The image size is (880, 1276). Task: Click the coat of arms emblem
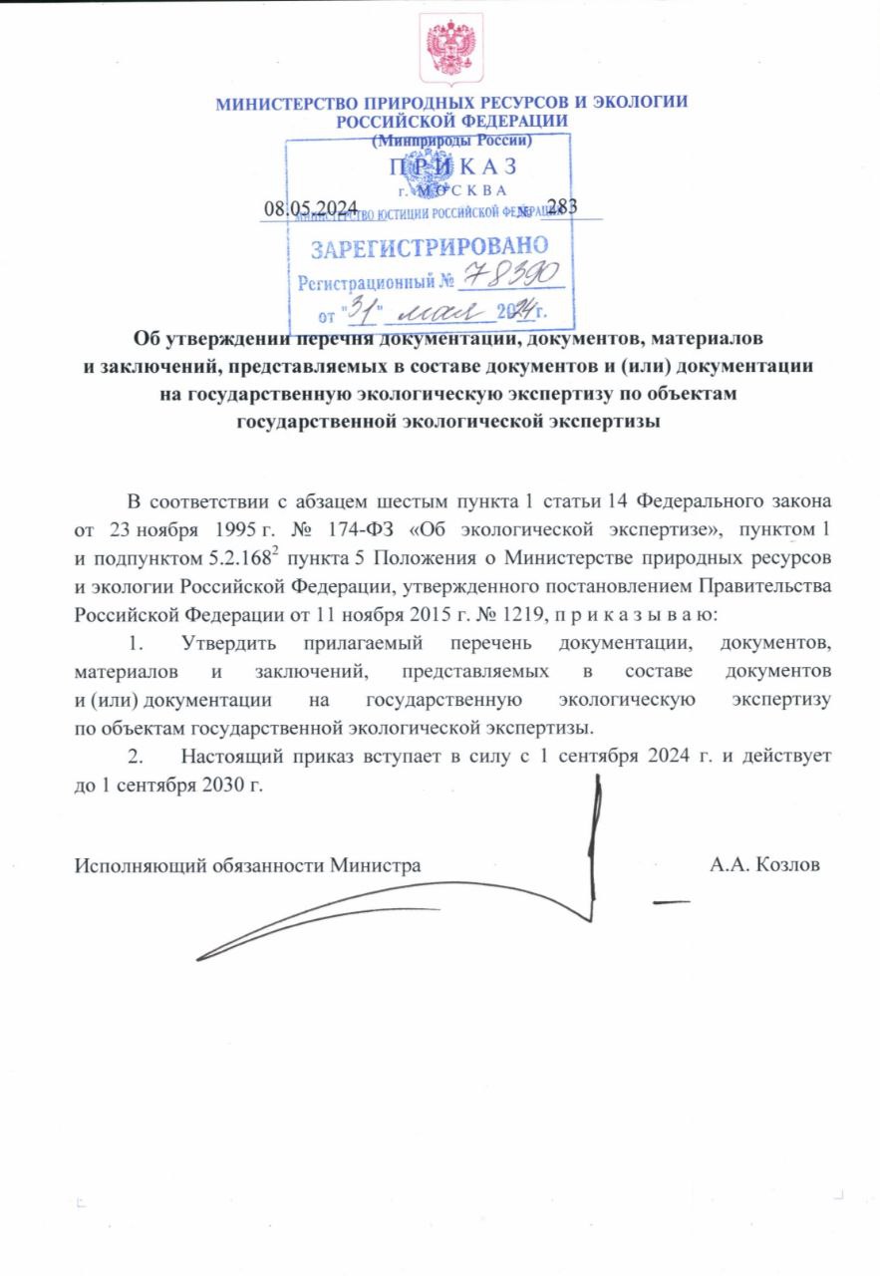450,49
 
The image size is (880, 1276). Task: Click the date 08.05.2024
310,207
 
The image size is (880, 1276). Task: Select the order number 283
562,206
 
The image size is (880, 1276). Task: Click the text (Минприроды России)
451,141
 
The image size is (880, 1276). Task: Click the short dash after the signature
670,902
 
